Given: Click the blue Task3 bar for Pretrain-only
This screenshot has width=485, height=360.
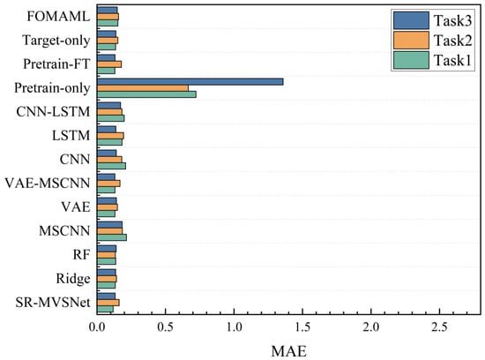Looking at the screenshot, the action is click(190, 82).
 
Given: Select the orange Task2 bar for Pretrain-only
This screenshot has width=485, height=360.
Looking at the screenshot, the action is click(143, 88).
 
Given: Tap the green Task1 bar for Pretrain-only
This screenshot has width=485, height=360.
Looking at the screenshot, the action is click(146, 94).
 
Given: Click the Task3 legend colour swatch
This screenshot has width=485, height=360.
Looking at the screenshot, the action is click(411, 20).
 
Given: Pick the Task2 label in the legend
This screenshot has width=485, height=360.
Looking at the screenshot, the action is click(453, 41).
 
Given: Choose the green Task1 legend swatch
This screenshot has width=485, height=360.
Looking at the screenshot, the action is click(411, 60).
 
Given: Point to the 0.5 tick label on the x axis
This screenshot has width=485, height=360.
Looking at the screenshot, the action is click(166, 327).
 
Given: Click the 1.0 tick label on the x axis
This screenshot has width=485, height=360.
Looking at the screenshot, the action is click(235, 327).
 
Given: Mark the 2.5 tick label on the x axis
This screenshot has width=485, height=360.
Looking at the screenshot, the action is click(439, 327).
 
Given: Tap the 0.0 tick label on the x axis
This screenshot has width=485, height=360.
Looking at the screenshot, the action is click(97, 327).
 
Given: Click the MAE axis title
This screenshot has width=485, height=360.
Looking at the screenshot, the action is click(289, 351).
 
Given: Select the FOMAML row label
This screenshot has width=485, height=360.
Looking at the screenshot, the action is click(58, 17).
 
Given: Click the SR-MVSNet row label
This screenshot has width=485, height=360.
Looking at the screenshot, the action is click(53, 303).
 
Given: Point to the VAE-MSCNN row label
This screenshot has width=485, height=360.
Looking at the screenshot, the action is click(48, 184).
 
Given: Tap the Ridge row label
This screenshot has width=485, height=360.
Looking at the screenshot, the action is click(73, 279).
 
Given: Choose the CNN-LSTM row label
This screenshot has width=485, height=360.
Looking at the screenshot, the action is click(53, 112).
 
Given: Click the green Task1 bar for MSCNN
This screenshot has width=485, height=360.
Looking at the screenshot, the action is click(112, 237).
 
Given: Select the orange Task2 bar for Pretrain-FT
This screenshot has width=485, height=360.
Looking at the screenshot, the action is click(109, 64).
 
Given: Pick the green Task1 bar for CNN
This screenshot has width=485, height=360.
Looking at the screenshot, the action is click(111, 166).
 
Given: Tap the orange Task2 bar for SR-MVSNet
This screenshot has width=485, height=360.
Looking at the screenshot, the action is click(108, 303).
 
